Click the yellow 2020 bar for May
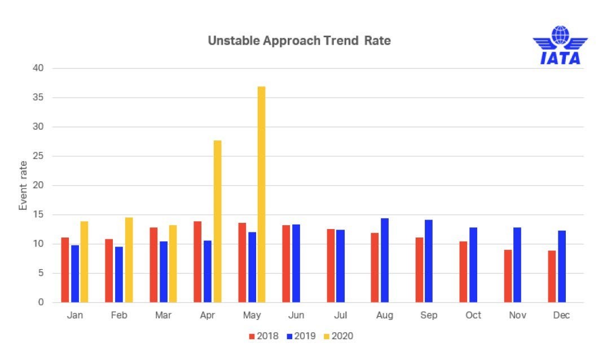(261, 195)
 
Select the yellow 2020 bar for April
(217, 221)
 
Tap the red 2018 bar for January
(65, 270)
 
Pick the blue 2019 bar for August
(385, 260)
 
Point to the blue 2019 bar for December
(562, 266)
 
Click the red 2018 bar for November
(508, 276)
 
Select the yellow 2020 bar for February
(129, 260)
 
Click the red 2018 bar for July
(331, 266)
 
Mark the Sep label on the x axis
(429, 315)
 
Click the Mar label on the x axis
(163, 315)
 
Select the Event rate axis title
(23, 186)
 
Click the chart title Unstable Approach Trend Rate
(299, 41)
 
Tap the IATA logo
(560, 45)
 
